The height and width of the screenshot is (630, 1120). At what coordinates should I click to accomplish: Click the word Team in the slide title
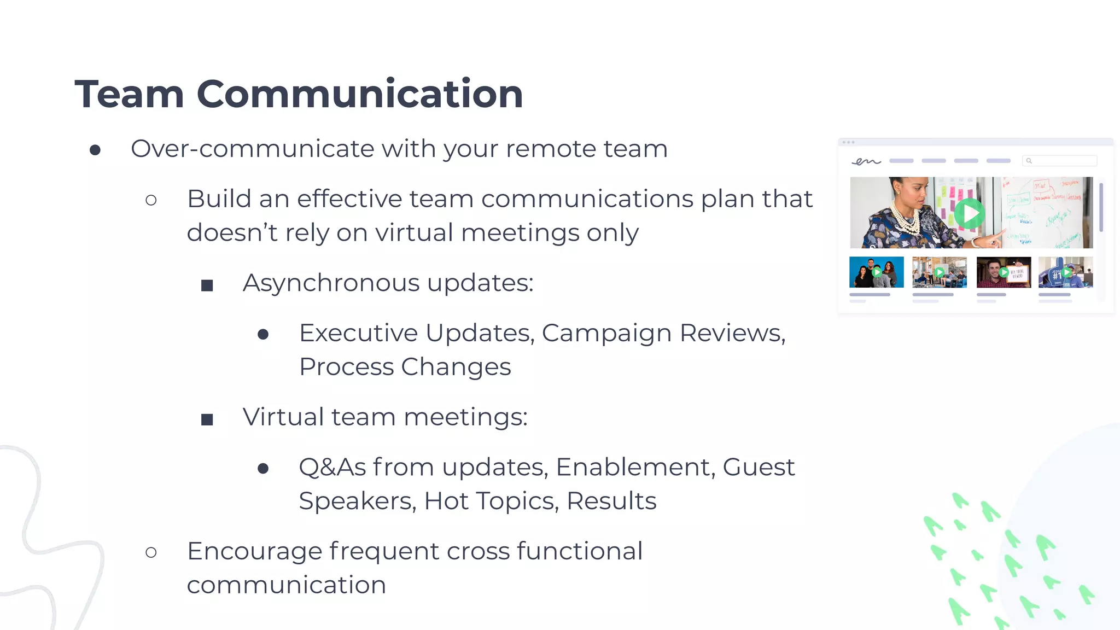click(x=129, y=94)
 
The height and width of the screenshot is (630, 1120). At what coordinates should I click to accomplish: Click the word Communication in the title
click(x=359, y=94)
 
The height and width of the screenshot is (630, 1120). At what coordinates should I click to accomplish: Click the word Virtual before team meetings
click(x=283, y=417)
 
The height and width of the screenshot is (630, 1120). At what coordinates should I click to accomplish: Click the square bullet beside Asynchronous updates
click(x=207, y=285)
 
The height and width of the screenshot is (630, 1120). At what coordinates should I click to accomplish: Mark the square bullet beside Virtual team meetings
click(x=207, y=419)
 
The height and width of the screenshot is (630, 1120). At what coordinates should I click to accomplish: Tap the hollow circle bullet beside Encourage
click(x=151, y=552)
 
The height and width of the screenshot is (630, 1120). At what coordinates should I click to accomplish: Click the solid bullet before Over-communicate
click(x=95, y=150)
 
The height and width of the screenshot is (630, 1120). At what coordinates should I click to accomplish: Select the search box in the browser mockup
click(x=1059, y=161)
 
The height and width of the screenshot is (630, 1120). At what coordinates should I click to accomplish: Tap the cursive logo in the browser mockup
click(x=867, y=161)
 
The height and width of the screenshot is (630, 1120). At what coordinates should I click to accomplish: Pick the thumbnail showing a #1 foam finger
click(x=1065, y=272)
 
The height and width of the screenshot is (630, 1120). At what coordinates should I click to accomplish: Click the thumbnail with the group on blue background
click(x=876, y=272)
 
